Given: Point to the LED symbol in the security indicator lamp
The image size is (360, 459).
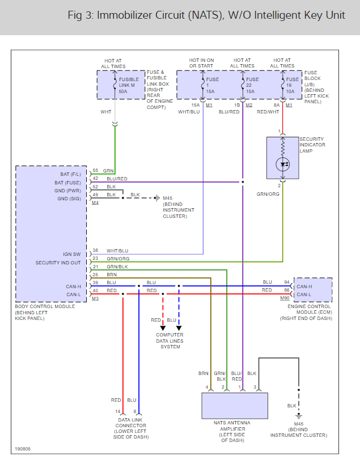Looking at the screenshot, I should (x=282, y=164).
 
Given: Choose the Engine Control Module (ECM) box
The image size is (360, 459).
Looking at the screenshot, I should (x=312, y=290).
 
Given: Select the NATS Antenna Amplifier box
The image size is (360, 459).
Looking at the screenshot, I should (x=235, y=406).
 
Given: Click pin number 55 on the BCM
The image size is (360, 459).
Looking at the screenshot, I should (x=95, y=171).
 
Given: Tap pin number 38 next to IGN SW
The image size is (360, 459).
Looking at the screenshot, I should (x=95, y=251).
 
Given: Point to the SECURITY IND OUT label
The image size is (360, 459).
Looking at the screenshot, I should (x=58, y=263).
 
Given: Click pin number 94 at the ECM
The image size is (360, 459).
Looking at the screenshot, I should (x=287, y=282).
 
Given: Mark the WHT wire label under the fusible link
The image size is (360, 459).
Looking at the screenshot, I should (x=106, y=112).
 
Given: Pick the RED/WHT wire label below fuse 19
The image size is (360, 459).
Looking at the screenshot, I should (x=268, y=112).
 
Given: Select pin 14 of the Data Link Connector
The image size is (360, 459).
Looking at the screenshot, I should (x=117, y=411).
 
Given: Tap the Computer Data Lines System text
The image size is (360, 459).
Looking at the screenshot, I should (x=170, y=340).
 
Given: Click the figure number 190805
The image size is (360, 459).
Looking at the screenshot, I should (x=23, y=448).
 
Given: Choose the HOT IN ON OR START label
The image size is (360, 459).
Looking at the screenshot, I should (x=202, y=63).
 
